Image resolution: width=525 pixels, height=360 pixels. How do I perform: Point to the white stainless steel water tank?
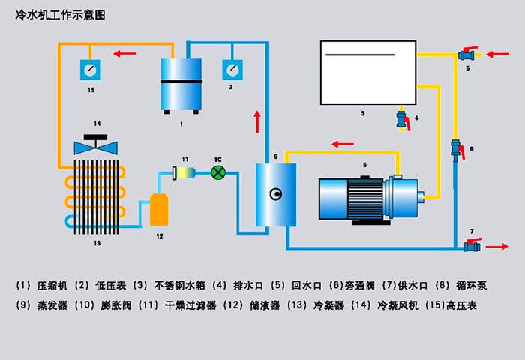coord(367,73)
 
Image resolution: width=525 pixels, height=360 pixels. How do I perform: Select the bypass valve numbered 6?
coord(454,148)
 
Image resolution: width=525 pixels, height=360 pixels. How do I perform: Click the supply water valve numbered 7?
coord(472,244)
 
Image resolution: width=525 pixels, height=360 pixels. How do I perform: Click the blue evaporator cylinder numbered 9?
coord(275,195)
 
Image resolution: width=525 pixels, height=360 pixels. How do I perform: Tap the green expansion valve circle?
coord(218,172)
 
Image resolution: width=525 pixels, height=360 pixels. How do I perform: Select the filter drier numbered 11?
coord(184,173)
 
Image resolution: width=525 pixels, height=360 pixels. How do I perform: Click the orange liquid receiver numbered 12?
coord(158,209)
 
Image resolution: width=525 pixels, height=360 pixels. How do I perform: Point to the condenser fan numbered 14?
coord(95,146)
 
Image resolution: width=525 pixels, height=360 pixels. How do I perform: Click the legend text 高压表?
coord(460,305)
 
